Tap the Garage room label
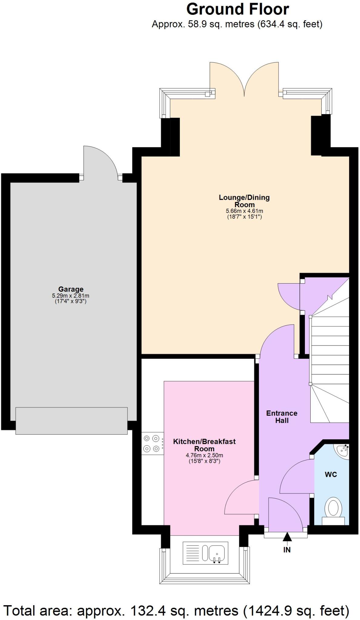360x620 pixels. pyautogui.click(x=71, y=289)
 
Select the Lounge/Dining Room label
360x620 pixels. pyautogui.click(x=244, y=201)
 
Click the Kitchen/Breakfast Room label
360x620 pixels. pyautogui.click(x=204, y=445)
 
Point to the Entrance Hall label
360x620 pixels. pyautogui.click(x=282, y=417)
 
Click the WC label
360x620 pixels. pyautogui.click(x=331, y=474)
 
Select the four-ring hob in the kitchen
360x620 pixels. pyautogui.click(x=152, y=443)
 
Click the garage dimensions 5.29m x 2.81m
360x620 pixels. pyautogui.click(x=71, y=296)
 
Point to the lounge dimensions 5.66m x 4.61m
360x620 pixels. pyautogui.click(x=244, y=211)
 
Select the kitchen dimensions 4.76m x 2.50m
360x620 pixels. pyautogui.click(x=204, y=455)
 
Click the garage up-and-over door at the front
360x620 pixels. pyautogui.click(x=71, y=421)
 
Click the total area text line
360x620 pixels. pyautogui.click(x=176, y=611)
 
